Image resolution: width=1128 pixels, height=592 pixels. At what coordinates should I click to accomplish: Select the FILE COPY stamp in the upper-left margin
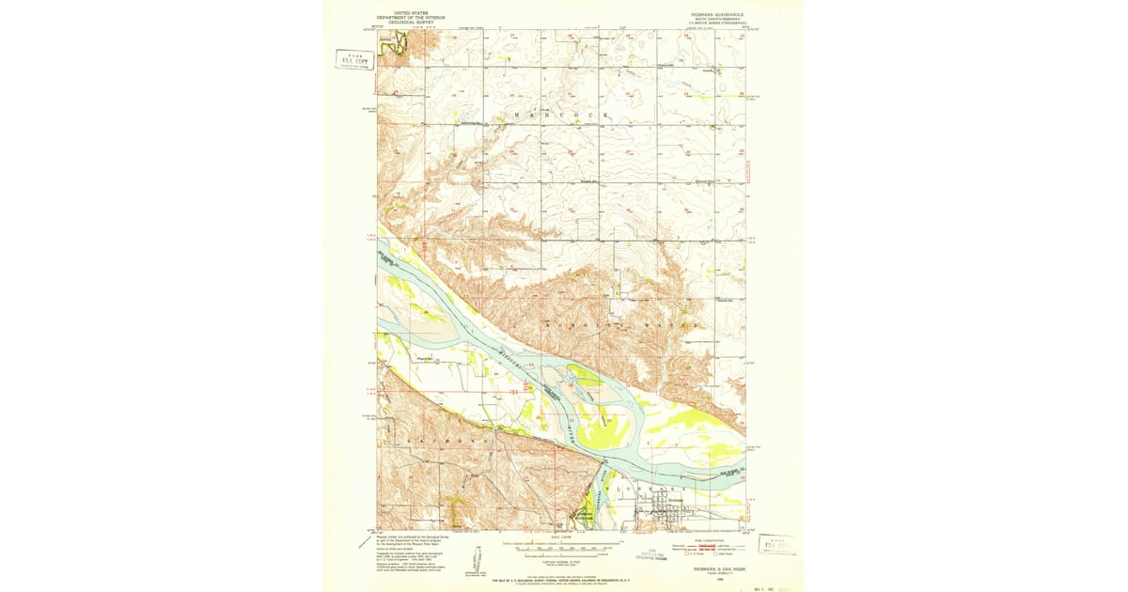tap(355, 60)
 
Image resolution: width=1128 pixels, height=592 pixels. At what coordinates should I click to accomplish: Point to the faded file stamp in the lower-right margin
tap(777, 544)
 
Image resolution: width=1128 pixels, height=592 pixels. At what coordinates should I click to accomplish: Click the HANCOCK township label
tap(561, 115)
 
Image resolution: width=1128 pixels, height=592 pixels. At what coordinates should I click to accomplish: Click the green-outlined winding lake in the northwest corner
tap(400, 42)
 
